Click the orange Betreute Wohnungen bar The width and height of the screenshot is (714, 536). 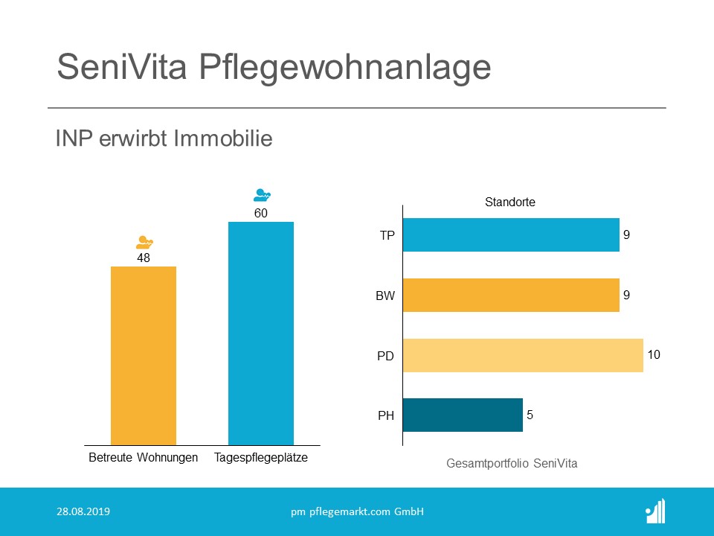[144, 355]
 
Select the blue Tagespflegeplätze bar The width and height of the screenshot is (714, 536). [261, 333]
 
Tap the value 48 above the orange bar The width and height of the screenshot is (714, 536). [144, 258]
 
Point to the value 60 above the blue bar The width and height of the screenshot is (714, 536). [261, 214]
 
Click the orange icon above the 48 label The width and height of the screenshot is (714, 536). [144, 242]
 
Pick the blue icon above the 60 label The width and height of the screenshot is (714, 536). [262, 196]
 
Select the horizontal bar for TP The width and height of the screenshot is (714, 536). [511, 234]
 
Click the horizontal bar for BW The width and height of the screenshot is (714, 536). [511, 295]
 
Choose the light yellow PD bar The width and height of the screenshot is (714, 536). [523, 355]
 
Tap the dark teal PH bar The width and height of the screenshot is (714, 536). [463, 415]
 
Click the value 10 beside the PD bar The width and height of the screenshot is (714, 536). [654, 354]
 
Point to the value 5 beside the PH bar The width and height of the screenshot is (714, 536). [530, 415]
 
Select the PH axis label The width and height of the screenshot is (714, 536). [386, 416]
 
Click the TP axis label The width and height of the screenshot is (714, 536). [387, 236]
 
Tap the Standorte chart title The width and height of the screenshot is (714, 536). [509, 202]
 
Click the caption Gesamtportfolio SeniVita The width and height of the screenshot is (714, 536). [512, 463]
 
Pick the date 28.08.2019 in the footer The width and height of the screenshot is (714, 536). [83, 511]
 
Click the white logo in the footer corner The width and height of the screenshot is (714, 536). [655, 511]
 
